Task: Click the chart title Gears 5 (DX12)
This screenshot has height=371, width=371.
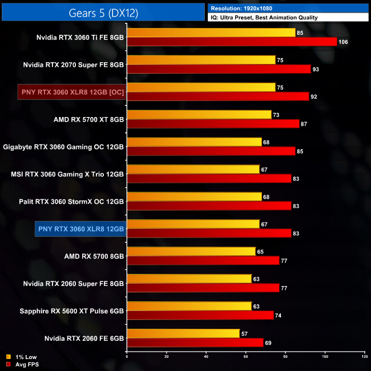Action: (103, 11)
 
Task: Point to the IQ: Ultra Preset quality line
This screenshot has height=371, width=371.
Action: (264, 18)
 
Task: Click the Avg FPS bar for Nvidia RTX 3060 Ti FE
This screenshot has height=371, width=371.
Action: (231, 42)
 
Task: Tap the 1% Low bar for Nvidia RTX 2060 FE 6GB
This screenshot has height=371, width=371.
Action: (183, 333)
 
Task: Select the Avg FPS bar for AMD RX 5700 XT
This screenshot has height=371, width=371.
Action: (212, 123)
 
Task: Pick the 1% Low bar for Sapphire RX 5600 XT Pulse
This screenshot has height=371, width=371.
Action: (188, 306)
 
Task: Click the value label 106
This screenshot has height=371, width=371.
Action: (343, 42)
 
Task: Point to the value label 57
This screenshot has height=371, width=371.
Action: (245, 333)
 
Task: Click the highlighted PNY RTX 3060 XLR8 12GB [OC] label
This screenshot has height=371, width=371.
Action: (71, 92)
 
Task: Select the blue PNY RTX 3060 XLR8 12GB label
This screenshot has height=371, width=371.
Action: (81, 229)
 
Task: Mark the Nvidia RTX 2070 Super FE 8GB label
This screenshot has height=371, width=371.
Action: (73, 64)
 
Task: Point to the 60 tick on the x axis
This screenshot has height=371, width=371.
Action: (245, 357)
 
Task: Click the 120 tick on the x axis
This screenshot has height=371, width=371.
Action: (364, 357)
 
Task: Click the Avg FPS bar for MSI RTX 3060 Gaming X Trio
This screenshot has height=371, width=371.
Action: (208, 178)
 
